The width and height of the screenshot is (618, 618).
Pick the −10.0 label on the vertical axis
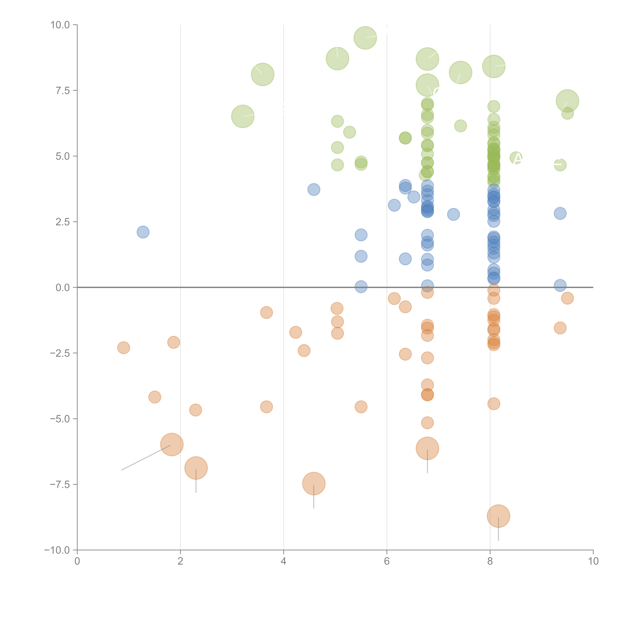pos(57,550)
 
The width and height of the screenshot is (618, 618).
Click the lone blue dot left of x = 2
pos(143,232)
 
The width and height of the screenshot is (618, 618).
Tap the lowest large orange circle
pos(498,516)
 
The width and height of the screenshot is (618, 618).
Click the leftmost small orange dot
pos(123,348)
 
